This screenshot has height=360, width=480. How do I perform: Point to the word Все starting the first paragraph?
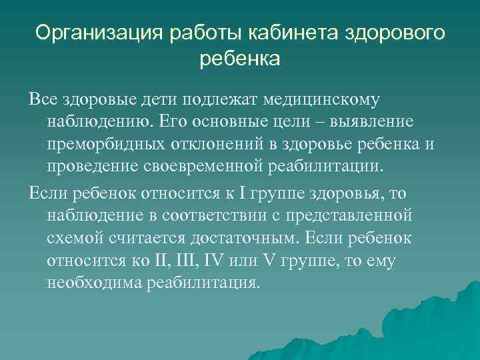coord(43,99)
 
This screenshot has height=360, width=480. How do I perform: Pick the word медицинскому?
coord(322,99)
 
